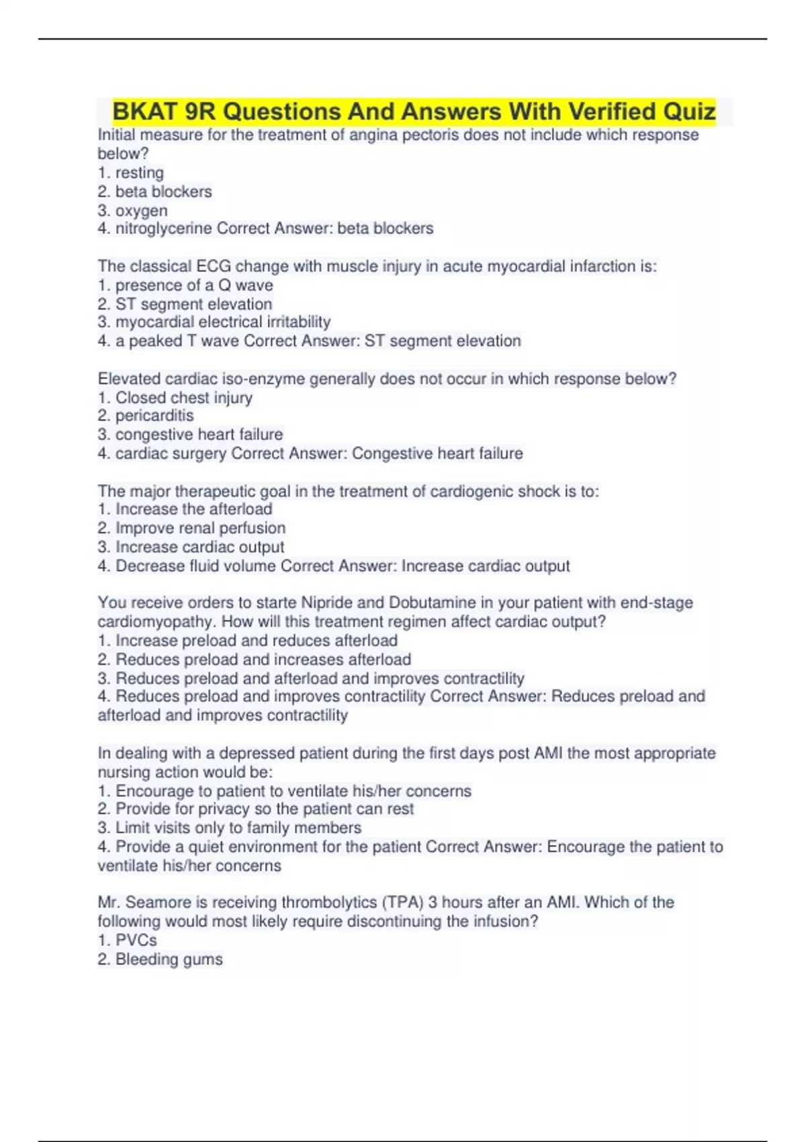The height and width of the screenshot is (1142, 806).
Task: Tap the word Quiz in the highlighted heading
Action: pyautogui.click(x=689, y=111)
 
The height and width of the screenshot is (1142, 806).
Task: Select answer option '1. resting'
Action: pyautogui.click(x=131, y=173)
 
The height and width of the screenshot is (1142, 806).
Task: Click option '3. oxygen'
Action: pyautogui.click(x=133, y=210)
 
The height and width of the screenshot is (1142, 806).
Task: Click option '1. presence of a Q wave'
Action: pyautogui.click(x=185, y=285)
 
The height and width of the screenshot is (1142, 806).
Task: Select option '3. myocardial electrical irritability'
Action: pyautogui.click(x=214, y=322)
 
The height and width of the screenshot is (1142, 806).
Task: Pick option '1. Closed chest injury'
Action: pyautogui.click(x=175, y=398)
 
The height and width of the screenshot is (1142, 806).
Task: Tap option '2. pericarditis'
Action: pyautogui.click(x=146, y=416)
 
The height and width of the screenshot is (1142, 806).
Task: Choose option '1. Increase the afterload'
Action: pyautogui.click(x=185, y=509)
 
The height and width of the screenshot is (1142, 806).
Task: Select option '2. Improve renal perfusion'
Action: pyautogui.click(x=191, y=528)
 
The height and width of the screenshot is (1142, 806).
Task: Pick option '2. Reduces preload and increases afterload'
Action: pyautogui.click(x=255, y=659)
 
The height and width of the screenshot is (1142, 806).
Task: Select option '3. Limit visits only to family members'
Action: pyautogui.click(x=230, y=828)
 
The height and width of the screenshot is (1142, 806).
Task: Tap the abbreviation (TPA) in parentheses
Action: pyautogui.click(x=402, y=902)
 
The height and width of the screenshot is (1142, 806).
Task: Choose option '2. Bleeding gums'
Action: pyautogui.click(x=160, y=959)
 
